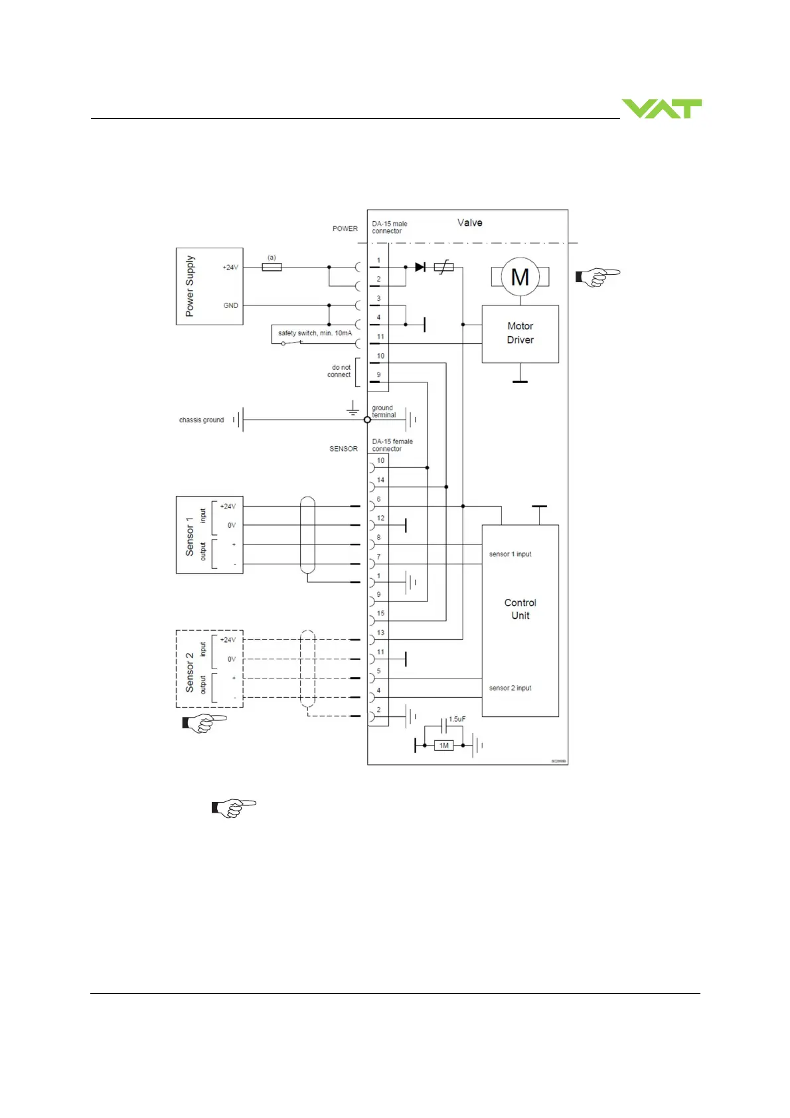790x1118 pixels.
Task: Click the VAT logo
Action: click(661, 109)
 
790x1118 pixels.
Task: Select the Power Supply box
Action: click(209, 286)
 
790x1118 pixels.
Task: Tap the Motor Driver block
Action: click(520, 333)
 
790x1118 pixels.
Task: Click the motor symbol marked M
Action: click(520, 277)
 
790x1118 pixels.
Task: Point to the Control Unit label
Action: click(520, 609)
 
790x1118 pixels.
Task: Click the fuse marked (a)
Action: click(272, 267)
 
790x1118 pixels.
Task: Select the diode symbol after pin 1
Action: click(420, 267)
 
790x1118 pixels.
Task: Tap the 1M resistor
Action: click(444, 746)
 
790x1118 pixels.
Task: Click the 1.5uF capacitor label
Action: click(457, 719)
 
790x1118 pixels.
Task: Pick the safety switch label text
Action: click(315, 333)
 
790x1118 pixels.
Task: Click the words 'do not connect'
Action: click(341, 371)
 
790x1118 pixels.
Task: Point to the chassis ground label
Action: click(201, 420)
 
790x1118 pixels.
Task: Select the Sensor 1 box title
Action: click(190, 536)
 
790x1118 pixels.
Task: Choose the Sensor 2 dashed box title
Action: click(190, 672)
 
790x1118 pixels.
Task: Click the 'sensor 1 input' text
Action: click(510, 554)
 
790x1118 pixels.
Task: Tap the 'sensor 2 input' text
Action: click(510, 688)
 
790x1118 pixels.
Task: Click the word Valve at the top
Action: click(469, 222)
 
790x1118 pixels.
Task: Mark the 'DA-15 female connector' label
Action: click(392, 445)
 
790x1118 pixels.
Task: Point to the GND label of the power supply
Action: click(230, 305)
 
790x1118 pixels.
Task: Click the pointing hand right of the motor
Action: click(597, 277)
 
